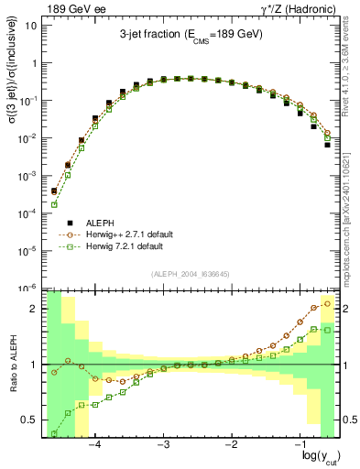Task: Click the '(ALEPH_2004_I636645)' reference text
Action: point(190,274)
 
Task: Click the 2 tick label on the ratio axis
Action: point(34,309)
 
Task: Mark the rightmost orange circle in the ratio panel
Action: point(328,303)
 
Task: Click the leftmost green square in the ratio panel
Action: point(54,433)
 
